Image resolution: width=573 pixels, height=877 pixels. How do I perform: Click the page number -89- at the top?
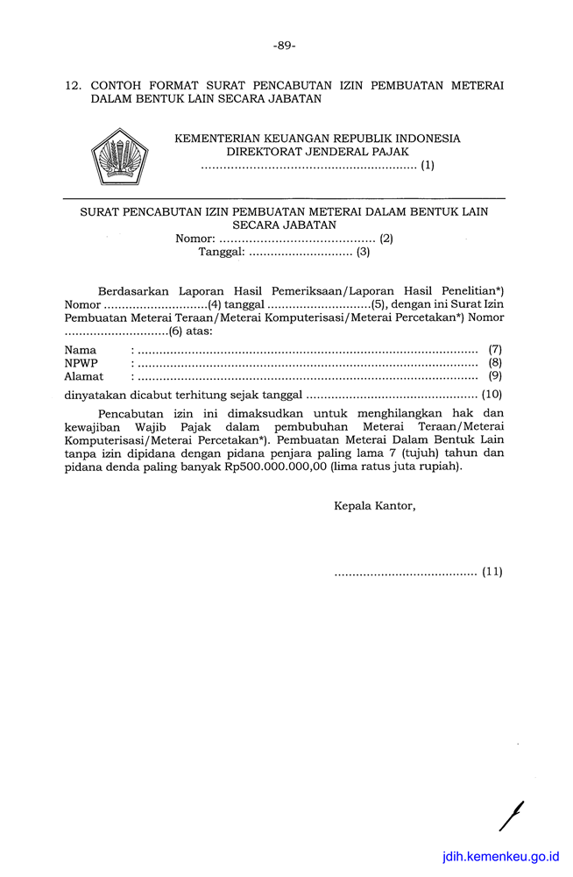[x=285, y=46]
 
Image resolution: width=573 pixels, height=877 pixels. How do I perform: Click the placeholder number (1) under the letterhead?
[x=427, y=165]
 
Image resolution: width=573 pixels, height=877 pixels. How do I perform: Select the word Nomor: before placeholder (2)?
[x=195, y=238]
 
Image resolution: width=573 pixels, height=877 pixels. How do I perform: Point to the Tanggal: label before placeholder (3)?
[x=221, y=253]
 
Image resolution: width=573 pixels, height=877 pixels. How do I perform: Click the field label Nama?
[x=81, y=349]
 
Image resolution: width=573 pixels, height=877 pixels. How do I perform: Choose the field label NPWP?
[x=81, y=363]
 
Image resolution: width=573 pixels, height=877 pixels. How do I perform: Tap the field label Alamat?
[x=84, y=377]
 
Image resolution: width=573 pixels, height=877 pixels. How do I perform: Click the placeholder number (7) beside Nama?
[x=495, y=349]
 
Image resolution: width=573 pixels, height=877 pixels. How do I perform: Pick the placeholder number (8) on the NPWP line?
[x=495, y=363]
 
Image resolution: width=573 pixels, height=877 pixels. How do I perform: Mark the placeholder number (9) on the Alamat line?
[x=495, y=377]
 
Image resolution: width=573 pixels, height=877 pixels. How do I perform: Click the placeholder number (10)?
[x=492, y=395]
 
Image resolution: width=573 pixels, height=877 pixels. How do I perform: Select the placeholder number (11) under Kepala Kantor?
[x=492, y=573]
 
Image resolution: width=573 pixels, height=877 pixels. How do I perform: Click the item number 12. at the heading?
[x=74, y=86]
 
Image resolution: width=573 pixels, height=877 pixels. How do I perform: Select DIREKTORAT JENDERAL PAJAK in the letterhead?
[x=318, y=152]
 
